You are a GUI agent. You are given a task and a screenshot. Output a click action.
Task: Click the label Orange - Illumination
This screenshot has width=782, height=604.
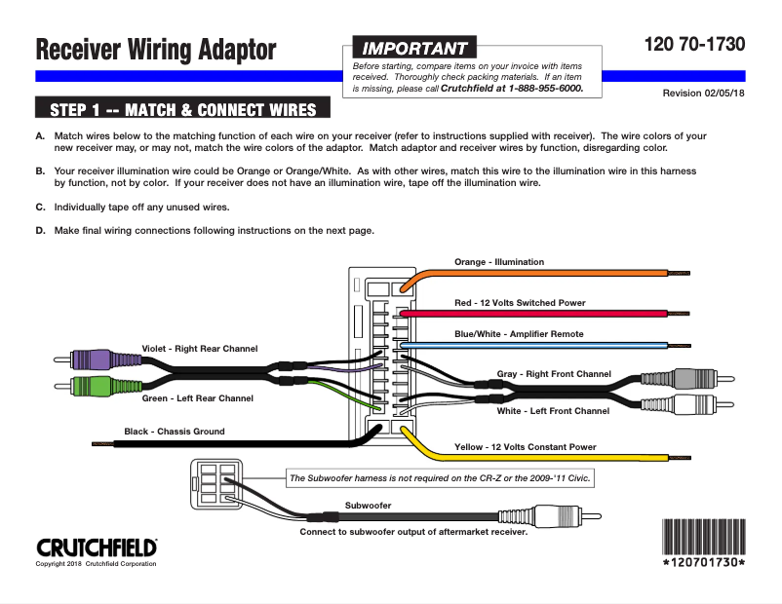(x=499, y=262)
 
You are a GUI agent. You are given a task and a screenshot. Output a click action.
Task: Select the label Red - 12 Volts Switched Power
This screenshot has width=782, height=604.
(x=520, y=303)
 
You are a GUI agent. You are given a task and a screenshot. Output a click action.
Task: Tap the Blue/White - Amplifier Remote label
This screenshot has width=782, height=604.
(x=519, y=333)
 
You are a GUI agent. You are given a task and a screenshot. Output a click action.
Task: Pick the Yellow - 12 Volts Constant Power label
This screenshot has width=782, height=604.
(x=525, y=447)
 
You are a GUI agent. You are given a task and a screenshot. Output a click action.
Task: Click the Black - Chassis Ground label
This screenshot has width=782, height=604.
(x=175, y=432)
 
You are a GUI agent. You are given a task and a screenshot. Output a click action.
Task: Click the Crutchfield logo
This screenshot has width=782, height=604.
(x=97, y=547)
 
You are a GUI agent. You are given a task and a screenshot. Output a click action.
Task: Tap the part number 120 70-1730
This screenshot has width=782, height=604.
(x=694, y=44)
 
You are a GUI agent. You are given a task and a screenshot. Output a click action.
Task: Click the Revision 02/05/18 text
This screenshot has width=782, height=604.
(x=703, y=94)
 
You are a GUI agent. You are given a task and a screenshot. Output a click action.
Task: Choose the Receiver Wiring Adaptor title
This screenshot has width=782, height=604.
(x=156, y=49)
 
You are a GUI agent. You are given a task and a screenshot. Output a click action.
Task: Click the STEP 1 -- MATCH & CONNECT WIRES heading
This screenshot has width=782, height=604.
(x=182, y=108)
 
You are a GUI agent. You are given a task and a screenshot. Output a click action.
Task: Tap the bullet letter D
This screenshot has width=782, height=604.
(x=40, y=231)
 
